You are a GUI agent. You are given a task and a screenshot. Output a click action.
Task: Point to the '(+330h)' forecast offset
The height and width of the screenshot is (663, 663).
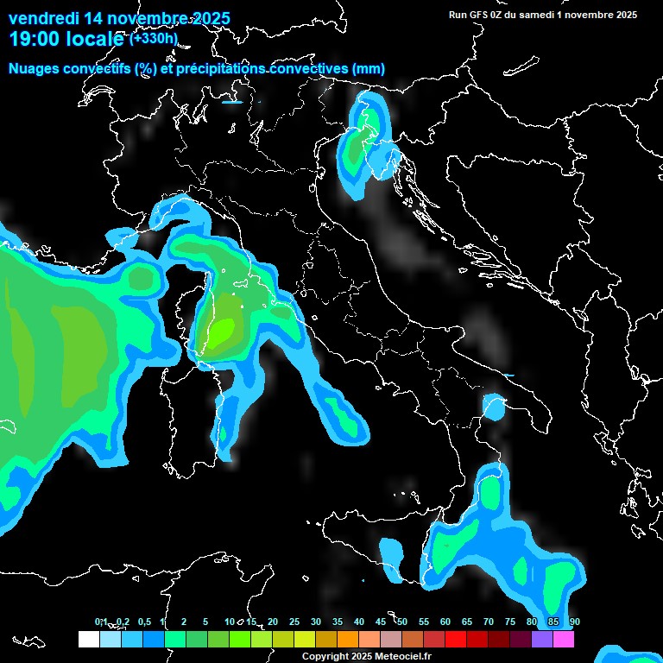coord(154,38)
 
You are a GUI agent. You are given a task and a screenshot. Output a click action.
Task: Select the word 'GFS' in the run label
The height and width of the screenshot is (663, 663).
coord(481,15)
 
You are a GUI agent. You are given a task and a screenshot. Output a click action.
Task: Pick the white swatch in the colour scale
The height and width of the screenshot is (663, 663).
coord(88,639)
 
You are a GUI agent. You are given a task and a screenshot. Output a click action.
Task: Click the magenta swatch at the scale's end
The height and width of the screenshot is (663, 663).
coord(564,639)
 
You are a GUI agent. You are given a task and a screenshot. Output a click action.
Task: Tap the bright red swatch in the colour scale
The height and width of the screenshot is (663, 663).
coord(456,639)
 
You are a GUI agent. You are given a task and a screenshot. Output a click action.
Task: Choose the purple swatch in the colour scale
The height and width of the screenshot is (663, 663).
coord(542,639)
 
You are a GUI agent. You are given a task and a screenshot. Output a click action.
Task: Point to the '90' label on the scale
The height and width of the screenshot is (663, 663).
coord(575,622)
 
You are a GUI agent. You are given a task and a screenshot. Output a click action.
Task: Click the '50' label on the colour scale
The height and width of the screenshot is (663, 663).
coord(402,622)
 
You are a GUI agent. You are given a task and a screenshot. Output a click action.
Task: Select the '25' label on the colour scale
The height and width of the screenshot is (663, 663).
coord(294,622)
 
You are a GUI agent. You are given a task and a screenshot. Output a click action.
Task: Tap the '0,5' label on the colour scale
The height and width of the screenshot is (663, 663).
coord(143,622)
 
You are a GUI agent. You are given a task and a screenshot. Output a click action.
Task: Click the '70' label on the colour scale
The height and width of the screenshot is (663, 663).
coord(489,622)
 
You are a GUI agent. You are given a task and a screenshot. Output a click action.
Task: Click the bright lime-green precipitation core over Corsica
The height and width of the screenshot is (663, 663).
coord(224,329)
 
